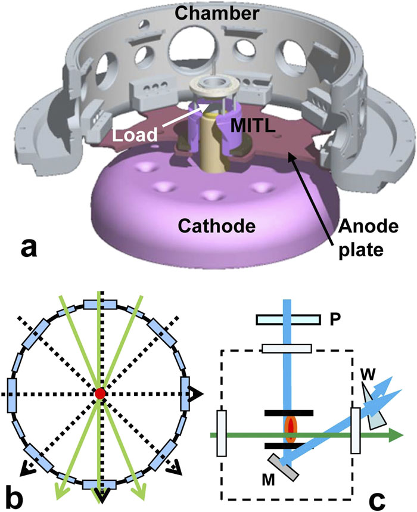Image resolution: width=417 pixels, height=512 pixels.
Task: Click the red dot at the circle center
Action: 99,393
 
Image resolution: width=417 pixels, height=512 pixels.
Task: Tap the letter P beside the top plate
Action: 335,318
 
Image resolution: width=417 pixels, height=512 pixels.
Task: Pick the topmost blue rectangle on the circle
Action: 99,303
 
